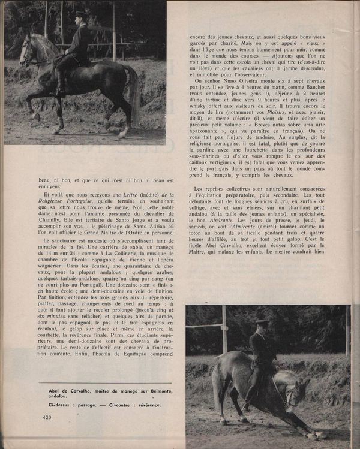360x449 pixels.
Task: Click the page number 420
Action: tap(48, 417)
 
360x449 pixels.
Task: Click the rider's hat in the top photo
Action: tap(82, 14)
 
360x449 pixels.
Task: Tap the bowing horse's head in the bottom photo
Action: tap(292, 400)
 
